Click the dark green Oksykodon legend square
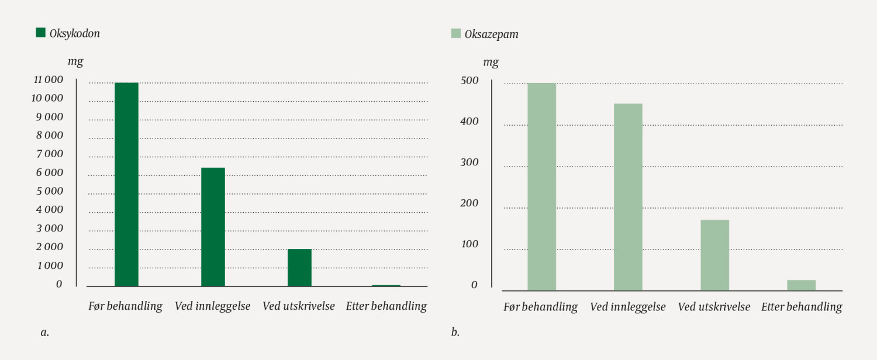pos(40,33)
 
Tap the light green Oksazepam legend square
pos(455,34)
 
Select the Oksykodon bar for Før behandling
pos(126,184)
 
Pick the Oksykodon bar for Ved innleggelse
pos(213,227)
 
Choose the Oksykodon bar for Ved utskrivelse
pos(299,267)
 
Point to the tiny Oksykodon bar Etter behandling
pos(386,285)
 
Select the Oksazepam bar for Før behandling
pos(541,186)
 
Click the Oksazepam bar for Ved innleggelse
pos(628,197)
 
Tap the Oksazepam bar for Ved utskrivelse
pos(714,255)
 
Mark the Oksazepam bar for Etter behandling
pos(801,285)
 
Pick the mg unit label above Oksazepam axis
pos(491,62)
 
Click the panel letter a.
pos(45,332)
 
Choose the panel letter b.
pos(455,332)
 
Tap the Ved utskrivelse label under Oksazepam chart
pos(714,307)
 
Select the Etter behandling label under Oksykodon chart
pos(386,306)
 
